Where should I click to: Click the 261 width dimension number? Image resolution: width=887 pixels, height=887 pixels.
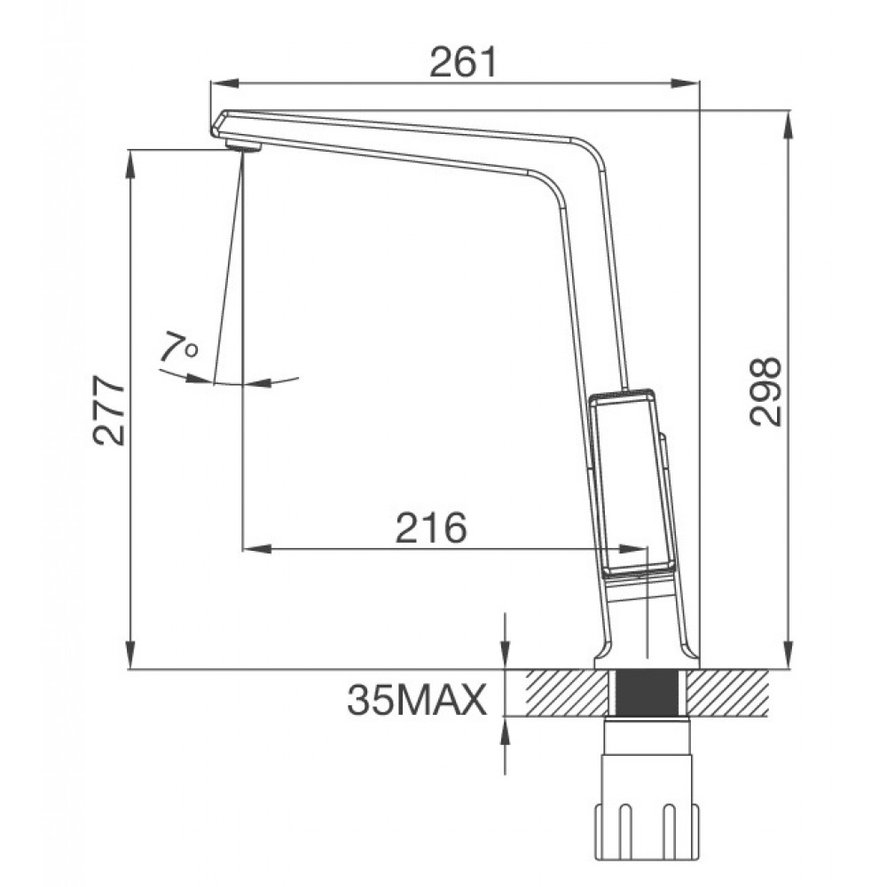point(463,62)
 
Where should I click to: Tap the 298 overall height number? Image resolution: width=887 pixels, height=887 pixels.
point(765,391)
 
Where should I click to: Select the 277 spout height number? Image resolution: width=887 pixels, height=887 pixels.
point(108,410)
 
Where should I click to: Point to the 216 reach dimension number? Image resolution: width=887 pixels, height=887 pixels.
point(431,527)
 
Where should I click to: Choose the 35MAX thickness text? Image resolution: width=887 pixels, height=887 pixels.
point(416,700)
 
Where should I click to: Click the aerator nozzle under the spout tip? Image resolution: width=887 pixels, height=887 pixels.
point(243,145)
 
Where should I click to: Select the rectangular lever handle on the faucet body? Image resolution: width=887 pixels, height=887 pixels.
point(632,481)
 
